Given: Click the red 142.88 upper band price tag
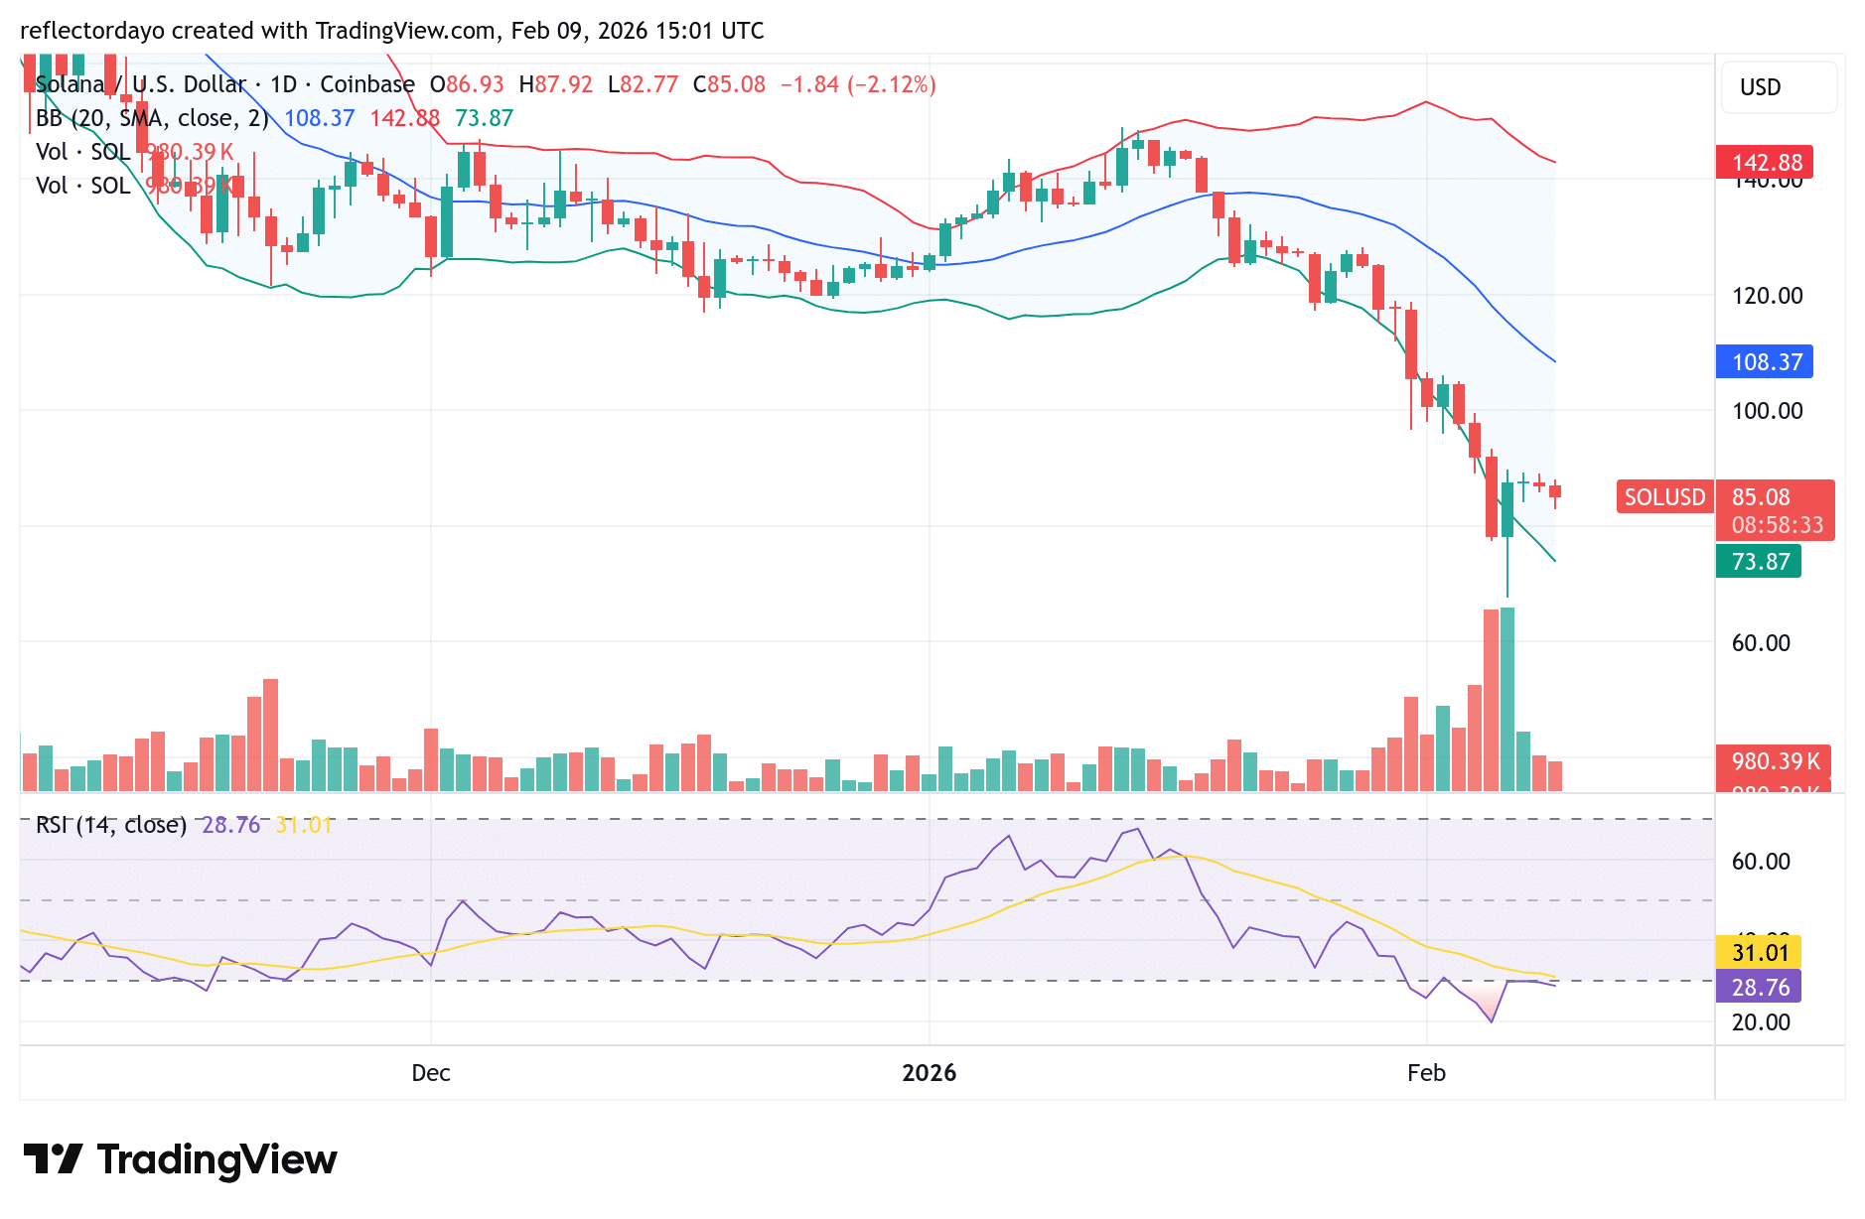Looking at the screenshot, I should [1765, 163].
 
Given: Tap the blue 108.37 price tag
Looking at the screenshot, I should [1765, 362].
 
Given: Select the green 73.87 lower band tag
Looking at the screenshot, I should [1759, 562].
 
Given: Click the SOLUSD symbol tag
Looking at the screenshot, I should [1664, 497].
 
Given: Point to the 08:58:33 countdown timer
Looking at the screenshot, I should [1777, 525].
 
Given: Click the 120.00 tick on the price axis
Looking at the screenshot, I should [1767, 296].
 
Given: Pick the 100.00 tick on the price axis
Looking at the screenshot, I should [1767, 411].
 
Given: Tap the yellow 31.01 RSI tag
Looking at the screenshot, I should [1759, 953].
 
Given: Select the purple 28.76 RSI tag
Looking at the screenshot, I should [1759, 988].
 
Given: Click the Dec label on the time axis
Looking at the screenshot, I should [431, 1073].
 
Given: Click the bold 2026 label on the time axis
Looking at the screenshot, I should [929, 1073].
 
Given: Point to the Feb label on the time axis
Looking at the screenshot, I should [1426, 1073].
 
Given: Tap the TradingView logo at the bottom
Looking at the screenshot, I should [181, 1159].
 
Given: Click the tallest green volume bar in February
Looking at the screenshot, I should [1507, 700].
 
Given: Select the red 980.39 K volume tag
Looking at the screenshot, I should [1775, 761].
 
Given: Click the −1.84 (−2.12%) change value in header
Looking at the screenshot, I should [858, 85].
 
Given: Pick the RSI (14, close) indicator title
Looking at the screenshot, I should [111, 825].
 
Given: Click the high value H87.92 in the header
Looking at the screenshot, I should [555, 85].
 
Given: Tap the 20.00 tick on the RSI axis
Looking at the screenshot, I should [1761, 1022].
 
